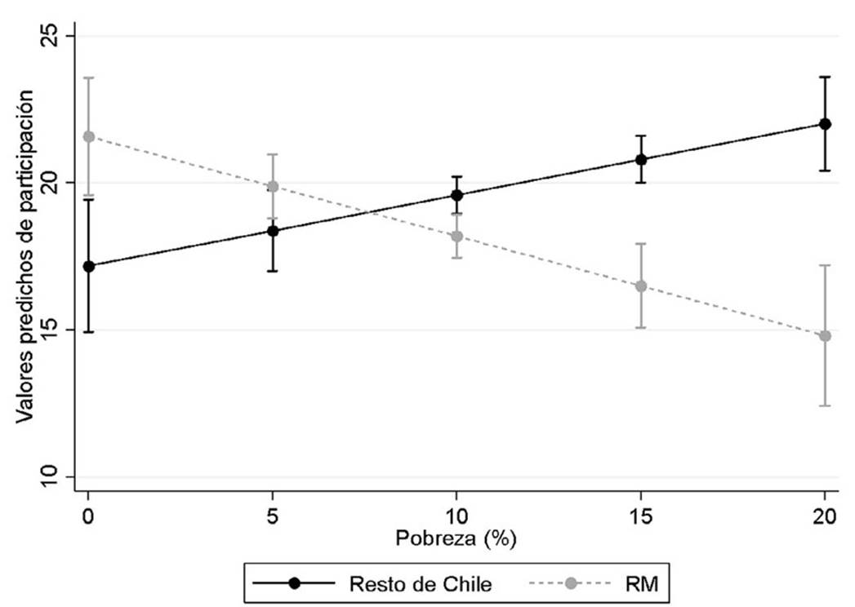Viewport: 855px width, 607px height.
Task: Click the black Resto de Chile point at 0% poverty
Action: [x=88, y=266]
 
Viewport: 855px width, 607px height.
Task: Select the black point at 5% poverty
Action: [x=273, y=231]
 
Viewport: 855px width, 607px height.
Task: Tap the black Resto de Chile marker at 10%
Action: [x=457, y=195]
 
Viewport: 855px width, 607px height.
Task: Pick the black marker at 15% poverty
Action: [x=641, y=159]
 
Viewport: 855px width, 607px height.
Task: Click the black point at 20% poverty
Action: [x=825, y=124]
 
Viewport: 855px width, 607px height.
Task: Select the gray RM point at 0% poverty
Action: [x=88, y=136]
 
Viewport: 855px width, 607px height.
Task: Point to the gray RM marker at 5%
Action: [x=273, y=187]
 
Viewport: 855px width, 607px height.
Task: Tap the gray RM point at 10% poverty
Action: [x=457, y=237]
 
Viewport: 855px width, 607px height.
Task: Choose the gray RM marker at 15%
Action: [x=641, y=286]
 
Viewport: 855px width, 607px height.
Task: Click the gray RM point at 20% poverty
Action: [x=825, y=336]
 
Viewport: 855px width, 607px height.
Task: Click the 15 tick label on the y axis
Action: [x=61, y=330]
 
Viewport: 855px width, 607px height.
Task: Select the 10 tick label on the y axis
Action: [x=61, y=477]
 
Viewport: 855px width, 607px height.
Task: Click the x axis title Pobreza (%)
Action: [x=456, y=539]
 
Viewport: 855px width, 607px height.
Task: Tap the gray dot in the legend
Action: [x=573, y=583]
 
